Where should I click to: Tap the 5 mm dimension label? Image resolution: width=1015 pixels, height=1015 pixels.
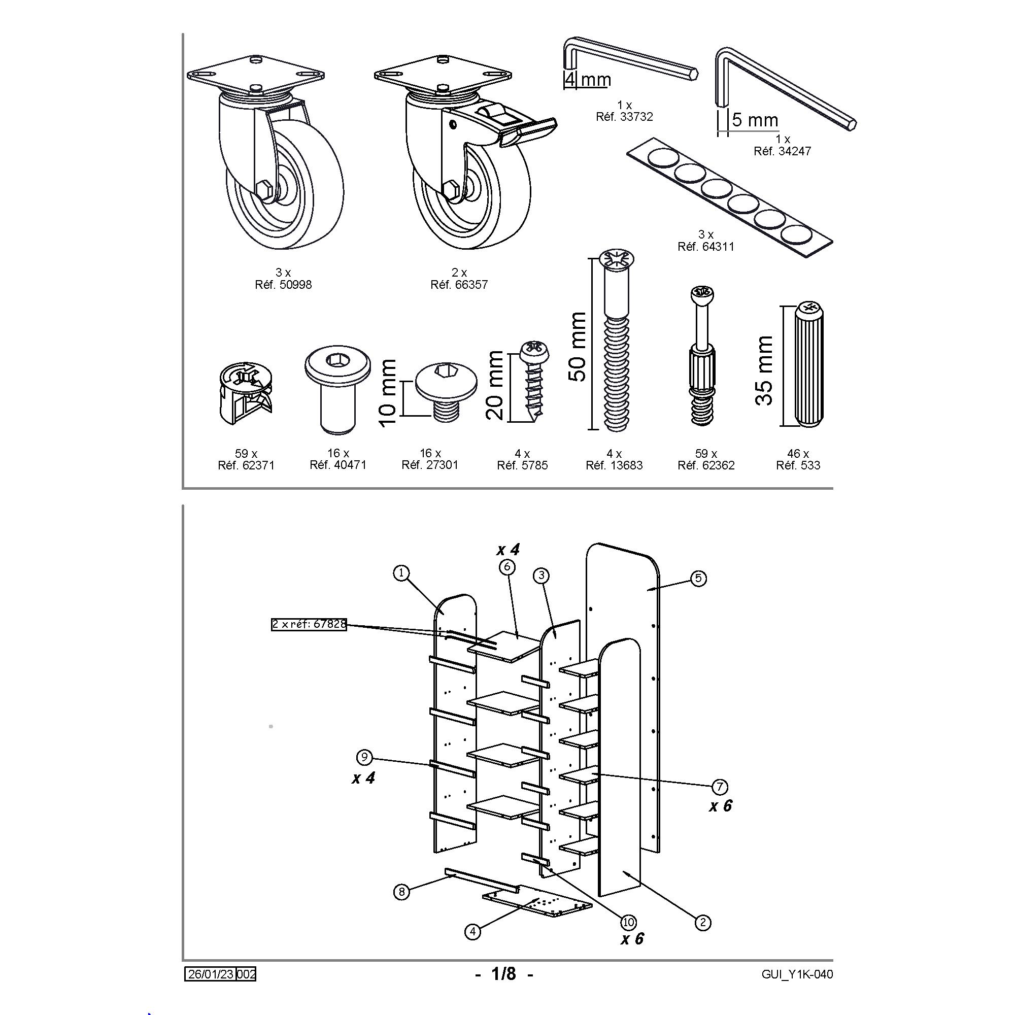point(755,120)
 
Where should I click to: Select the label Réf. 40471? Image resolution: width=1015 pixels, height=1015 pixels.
point(338,465)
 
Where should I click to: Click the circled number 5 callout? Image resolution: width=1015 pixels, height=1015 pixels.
point(698,579)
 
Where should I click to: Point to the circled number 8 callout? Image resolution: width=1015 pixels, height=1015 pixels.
point(401,892)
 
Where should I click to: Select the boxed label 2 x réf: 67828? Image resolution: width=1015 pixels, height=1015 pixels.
point(309,624)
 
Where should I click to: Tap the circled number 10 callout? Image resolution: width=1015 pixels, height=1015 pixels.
point(628,922)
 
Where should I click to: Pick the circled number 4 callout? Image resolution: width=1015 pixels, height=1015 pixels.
point(473,932)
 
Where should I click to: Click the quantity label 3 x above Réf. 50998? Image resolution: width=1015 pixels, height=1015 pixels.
point(283,272)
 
